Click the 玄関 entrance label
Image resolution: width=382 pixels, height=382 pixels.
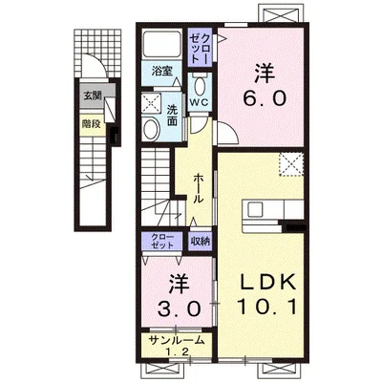[x=93, y=95]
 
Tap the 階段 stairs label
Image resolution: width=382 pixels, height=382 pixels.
[x=91, y=124]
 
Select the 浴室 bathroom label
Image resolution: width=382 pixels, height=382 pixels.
[x=162, y=71]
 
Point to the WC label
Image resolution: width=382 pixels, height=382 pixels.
[x=200, y=102]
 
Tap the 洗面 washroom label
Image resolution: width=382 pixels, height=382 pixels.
[x=172, y=116]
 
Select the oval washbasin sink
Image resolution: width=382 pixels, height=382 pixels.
[x=151, y=129]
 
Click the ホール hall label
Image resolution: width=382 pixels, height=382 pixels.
[x=199, y=189]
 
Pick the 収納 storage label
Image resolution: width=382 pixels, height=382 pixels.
[x=201, y=242]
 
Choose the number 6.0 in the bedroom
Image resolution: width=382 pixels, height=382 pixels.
[x=264, y=98]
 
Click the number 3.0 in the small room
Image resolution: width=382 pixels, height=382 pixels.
[x=180, y=308]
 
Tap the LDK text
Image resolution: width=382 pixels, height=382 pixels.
[x=268, y=282]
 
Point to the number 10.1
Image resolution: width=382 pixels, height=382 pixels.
[x=267, y=307]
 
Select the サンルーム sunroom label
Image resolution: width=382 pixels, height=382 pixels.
[x=176, y=340]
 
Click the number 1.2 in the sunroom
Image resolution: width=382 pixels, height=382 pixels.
[x=177, y=351]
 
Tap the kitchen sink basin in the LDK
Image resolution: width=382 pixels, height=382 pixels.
[x=255, y=210]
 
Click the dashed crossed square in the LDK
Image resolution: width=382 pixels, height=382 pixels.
[x=291, y=164]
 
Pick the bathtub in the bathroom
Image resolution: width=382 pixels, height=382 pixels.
[x=161, y=43]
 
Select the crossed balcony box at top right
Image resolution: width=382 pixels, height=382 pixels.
[x=281, y=13]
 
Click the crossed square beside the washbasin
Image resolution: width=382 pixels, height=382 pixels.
[x=152, y=102]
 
